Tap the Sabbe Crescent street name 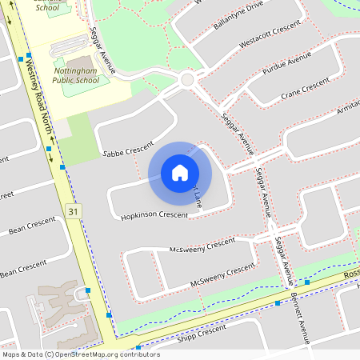coord(127,149)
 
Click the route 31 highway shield coord(74,210)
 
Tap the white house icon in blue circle coord(180,173)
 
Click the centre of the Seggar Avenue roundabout coord(188,79)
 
